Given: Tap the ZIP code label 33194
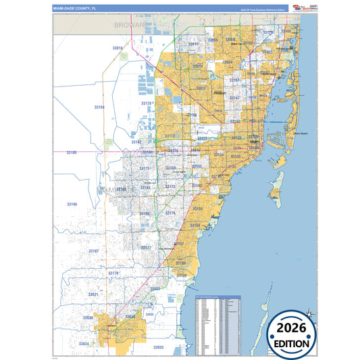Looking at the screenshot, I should coord(99,107).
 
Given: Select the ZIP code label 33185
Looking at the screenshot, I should coord(72,153).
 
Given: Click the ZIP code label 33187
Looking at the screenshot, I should coord(93,251).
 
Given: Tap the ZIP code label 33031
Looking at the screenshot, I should coord(93,294).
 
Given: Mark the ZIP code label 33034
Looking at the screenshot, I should coord(84,344).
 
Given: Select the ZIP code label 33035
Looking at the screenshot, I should coord(158,346).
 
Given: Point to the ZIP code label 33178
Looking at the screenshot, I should coord(146,103).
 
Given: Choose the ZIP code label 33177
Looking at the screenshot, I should coord(147,248).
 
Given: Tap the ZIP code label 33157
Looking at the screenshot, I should coord(179,243).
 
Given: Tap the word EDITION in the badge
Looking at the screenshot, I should coord(292,342).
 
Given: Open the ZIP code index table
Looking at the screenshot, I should coord(217,325).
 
